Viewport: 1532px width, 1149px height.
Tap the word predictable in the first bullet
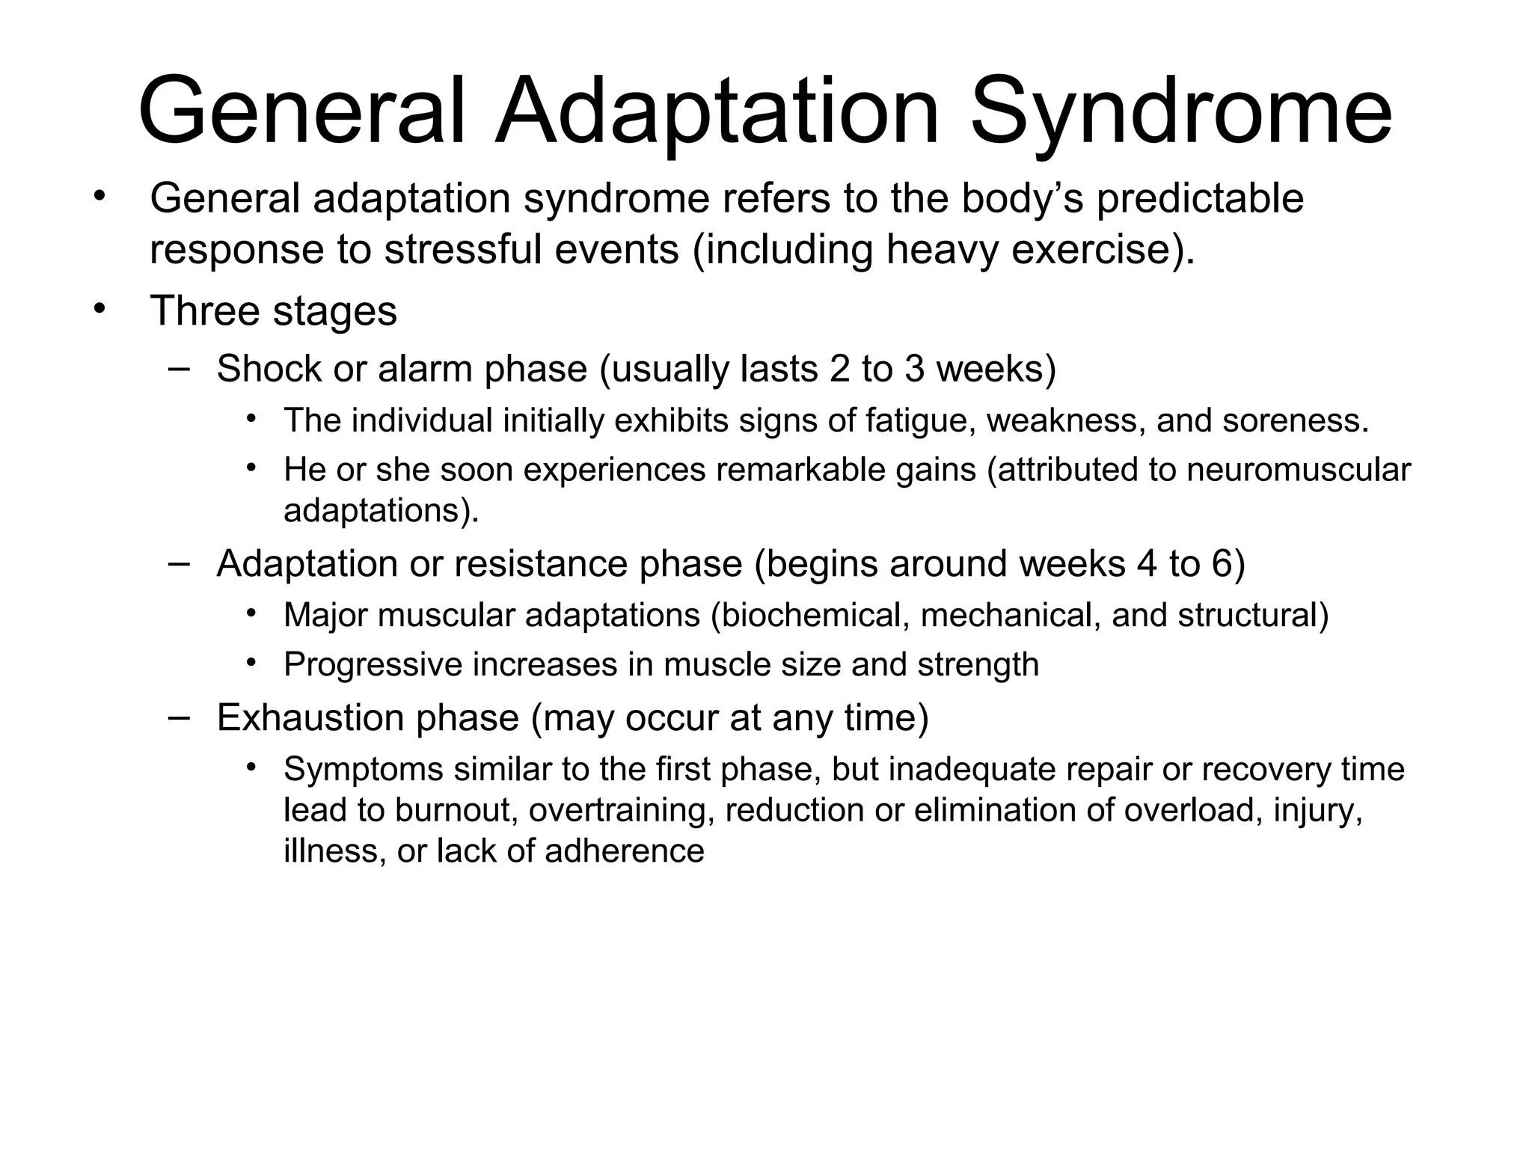[x=1200, y=199]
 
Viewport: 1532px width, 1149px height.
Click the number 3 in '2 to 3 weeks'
[x=915, y=369]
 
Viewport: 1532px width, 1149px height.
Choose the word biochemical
[x=817, y=616]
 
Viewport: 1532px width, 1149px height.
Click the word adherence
[x=625, y=851]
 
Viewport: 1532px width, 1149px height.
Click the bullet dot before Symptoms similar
[x=251, y=766]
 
